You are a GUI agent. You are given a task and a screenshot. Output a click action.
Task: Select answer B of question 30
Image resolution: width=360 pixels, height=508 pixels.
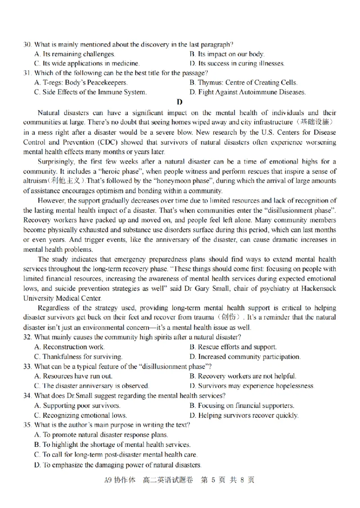coord(227,54)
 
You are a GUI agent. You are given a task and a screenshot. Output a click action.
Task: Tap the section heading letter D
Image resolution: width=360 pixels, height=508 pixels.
coord(180,102)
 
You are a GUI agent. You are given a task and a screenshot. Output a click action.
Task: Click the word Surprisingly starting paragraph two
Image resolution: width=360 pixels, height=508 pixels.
coord(57,162)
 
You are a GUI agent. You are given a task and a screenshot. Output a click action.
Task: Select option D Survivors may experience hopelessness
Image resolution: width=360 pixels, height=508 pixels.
coord(252,386)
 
